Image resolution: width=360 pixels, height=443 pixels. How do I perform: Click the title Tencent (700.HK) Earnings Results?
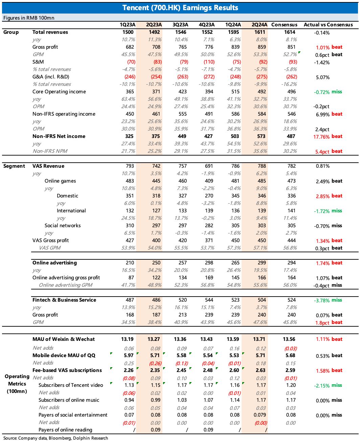(180, 8)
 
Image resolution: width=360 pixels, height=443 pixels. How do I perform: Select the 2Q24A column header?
(259, 25)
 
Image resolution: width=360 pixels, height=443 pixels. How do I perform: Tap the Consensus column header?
(284, 25)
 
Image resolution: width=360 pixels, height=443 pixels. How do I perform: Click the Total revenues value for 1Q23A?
(129, 32)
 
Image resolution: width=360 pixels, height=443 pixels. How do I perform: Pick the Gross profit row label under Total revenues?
(45, 47)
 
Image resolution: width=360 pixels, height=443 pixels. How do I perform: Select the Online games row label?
(60, 181)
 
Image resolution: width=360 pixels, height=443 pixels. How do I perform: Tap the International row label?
(71, 211)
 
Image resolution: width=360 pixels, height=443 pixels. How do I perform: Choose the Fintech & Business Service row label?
(64, 300)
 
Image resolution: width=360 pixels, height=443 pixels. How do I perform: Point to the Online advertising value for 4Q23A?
(208, 263)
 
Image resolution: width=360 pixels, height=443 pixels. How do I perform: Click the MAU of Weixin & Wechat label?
(64, 339)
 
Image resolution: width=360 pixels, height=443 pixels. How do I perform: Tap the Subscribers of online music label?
(69, 400)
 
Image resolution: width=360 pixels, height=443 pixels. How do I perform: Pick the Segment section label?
(14, 166)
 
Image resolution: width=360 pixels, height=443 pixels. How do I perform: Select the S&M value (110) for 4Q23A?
(208, 62)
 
